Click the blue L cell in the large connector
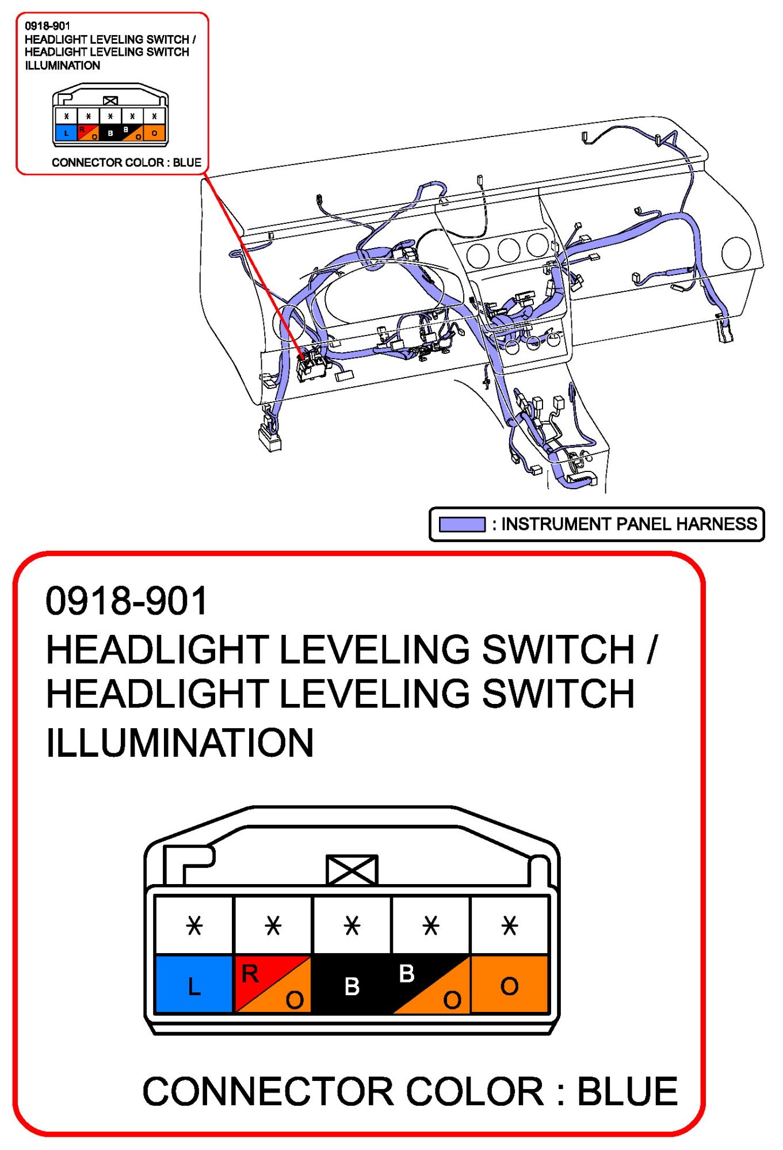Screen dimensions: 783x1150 (x=194, y=983)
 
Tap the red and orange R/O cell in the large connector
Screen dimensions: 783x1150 (x=273, y=983)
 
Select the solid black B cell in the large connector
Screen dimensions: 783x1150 (x=352, y=983)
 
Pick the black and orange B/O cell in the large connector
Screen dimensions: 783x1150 (x=430, y=983)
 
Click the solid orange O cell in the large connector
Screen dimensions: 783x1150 (x=509, y=983)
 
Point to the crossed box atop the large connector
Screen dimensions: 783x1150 (x=352, y=869)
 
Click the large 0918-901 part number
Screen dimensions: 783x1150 (x=127, y=601)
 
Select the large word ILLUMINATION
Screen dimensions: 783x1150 (x=180, y=742)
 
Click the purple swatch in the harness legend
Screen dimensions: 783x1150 (x=462, y=524)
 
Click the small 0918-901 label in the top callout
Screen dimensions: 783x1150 (x=47, y=26)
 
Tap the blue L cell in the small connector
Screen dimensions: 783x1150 (x=66, y=133)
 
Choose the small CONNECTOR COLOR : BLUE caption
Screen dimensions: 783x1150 (x=127, y=162)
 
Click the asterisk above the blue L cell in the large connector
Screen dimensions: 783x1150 (x=194, y=926)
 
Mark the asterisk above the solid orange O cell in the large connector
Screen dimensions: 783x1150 (x=509, y=926)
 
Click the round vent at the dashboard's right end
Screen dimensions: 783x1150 (x=736, y=253)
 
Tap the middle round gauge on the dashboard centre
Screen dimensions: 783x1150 (x=509, y=250)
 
